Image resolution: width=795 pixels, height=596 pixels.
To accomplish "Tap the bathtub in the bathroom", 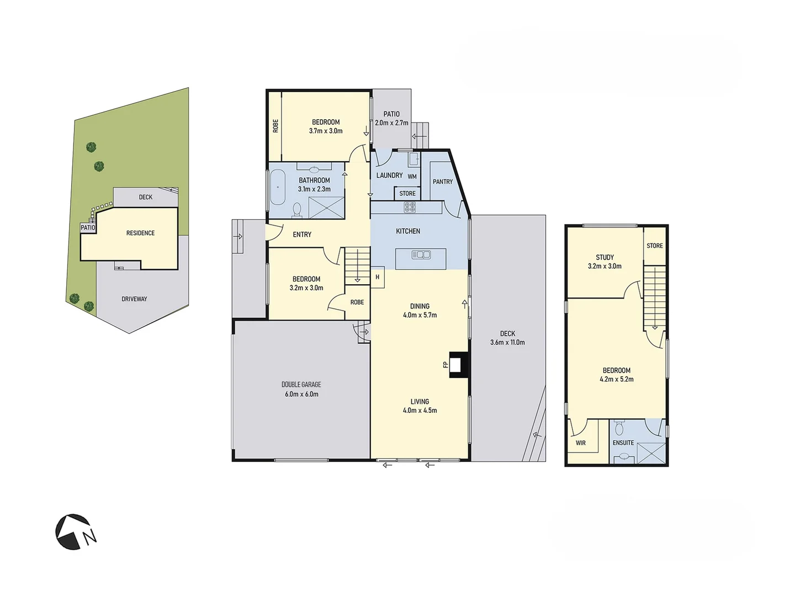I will point(277,188).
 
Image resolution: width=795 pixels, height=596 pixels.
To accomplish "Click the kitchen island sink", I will point(421,255).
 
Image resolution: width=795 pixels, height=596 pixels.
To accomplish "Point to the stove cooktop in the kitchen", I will point(410,207).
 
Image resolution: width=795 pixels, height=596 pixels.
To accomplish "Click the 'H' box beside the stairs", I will point(378,277).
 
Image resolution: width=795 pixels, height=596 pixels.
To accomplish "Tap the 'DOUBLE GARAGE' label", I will point(301,385).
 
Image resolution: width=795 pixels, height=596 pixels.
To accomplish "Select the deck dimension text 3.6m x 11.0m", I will point(507,342).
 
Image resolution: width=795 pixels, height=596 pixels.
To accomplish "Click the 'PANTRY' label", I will point(442,182).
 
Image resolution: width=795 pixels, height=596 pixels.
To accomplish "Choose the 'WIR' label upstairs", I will point(580,443).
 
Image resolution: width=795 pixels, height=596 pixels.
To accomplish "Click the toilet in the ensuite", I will point(619,428).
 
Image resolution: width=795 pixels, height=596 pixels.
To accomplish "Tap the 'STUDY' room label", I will point(605,257).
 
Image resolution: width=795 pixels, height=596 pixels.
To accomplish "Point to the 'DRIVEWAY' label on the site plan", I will point(134,299).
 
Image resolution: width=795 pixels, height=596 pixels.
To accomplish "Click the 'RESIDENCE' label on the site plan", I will point(140,233).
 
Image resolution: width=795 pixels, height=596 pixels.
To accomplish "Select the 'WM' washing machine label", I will point(412,177).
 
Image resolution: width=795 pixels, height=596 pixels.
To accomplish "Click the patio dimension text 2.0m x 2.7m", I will point(391,123).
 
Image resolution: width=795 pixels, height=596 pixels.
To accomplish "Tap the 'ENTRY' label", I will point(302,235).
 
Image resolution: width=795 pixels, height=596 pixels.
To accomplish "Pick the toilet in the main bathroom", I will point(297,210).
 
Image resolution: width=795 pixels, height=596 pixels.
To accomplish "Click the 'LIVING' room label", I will point(420,402).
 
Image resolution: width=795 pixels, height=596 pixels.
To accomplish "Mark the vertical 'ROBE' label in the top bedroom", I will point(275,126).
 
